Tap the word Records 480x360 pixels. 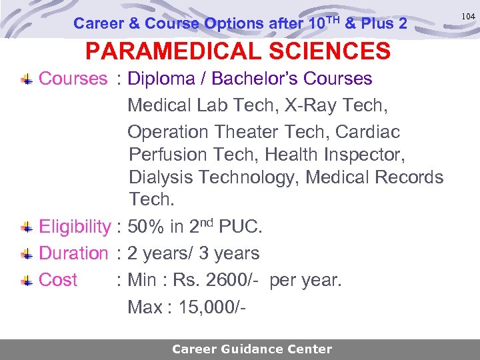coord(409,178)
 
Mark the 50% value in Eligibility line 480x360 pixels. coord(146,227)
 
